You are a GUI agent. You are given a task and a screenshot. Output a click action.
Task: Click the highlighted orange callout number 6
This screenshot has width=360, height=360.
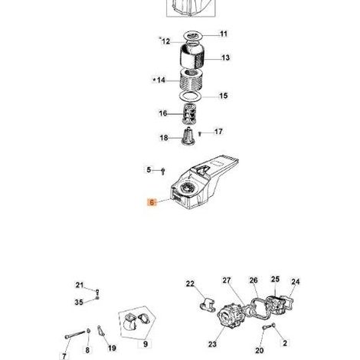[152, 202]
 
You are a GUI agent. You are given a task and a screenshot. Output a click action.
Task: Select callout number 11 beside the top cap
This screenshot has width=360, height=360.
[224, 34]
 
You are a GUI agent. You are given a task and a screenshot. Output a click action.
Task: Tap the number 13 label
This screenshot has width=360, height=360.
[225, 57]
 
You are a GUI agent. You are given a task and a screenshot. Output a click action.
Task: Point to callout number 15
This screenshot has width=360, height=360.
[224, 96]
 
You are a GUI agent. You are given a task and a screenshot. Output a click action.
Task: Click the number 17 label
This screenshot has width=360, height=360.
[218, 132]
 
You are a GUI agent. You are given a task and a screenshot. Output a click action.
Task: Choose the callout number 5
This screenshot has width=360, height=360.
[149, 170]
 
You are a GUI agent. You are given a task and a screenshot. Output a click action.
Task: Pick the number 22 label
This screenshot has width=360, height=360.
[190, 283]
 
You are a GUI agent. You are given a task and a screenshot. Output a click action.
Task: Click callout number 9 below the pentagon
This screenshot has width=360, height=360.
[146, 344]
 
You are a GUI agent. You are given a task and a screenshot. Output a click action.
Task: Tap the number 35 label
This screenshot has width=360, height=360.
[79, 303]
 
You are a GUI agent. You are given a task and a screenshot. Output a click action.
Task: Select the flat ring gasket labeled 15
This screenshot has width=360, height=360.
[191, 97]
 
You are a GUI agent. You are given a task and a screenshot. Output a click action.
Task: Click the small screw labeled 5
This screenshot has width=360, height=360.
[163, 172]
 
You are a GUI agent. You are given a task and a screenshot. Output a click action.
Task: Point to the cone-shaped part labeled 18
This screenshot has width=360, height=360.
[188, 136]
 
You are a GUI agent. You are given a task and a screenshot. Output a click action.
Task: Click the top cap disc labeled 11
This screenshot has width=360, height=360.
[194, 35]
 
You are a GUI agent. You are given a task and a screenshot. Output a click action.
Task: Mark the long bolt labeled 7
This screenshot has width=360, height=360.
[75, 335]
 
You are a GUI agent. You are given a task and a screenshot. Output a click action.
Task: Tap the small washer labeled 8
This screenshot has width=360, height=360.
[88, 331]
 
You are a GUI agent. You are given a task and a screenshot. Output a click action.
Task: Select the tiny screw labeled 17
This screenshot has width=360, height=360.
[200, 134]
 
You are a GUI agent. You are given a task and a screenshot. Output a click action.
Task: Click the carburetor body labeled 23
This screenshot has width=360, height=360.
[229, 315]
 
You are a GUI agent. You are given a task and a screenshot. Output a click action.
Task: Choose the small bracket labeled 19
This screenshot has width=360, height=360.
[101, 331]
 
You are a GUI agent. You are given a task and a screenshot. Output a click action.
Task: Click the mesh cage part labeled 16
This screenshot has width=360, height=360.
[188, 114]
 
